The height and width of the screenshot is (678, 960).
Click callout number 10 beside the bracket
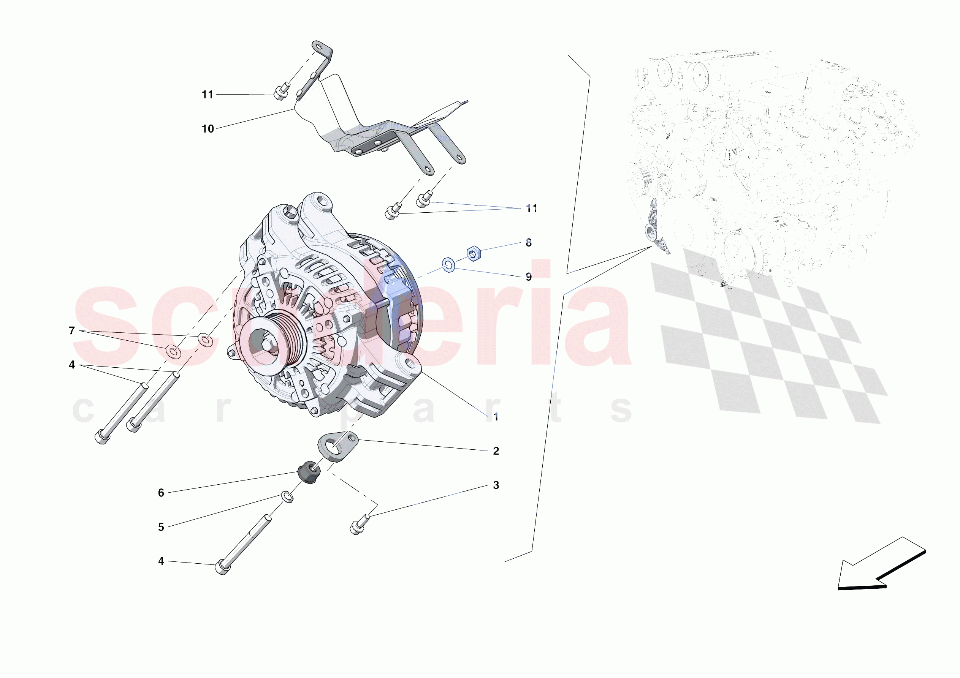[208, 129]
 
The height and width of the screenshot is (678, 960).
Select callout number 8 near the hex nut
[529, 242]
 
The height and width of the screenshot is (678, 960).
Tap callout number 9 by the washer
[529, 277]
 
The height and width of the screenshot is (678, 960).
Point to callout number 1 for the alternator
[496, 417]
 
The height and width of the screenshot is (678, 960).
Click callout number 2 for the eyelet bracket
[496, 451]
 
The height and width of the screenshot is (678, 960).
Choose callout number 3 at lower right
[496, 485]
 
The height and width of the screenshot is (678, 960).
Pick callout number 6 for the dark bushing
[161, 493]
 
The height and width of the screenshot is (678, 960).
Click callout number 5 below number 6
[161, 527]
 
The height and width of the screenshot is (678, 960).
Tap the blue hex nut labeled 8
[473, 253]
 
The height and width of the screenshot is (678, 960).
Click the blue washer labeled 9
[448, 265]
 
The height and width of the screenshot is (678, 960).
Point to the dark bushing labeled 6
[309, 472]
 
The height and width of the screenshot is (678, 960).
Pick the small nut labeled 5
[287, 496]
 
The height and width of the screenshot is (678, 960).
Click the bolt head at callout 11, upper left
[279, 93]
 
